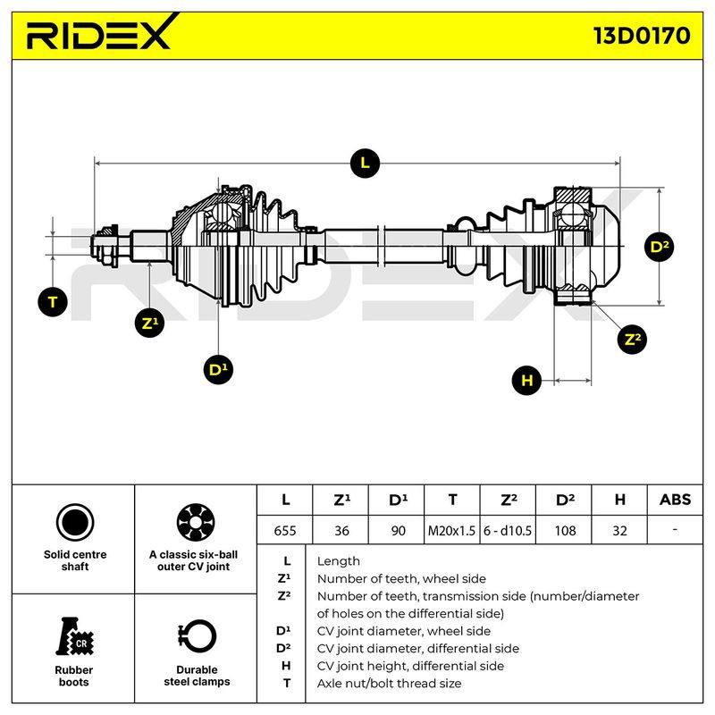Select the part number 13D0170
pyautogui.click(x=642, y=36)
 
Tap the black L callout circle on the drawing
pyautogui.click(x=365, y=164)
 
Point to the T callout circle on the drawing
pyautogui.click(x=53, y=302)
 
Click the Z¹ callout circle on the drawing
pyautogui.click(x=149, y=324)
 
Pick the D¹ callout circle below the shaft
pyautogui.click(x=218, y=369)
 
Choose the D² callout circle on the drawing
pyautogui.click(x=660, y=248)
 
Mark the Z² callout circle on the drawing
pyautogui.click(x=632, y=340)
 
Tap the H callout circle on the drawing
pyautogui.click(x=526, y=380)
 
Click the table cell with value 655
pyautogui.click(x=285, y=530)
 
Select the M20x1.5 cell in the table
pyautogui.click(x=451, y=530)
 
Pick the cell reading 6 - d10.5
pyautogui.click(x=508, y=530)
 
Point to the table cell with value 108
pyautogui.click(x=565, y=530)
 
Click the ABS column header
pyautogui.click(x=675, y=500)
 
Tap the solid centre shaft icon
pyautogui.click(x=75, y=522)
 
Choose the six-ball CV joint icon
pyautogui.click(x=196, y=522)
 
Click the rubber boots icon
pyautogui.click(x=74, y=637)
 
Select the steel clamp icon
pyautogui.click(x=197, y=637)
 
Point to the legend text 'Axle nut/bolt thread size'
pyautogui.click(x=389, y=683)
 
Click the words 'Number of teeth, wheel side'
pyautogui.click(x=401, y=578)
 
